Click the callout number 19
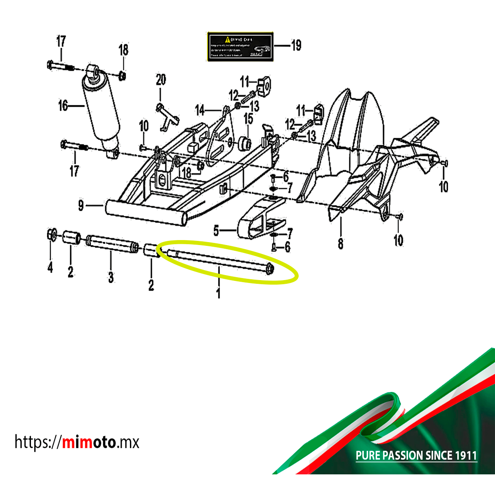click(296, 45)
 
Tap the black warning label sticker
click(240, 46)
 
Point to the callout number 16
click(63, 106)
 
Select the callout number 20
click(161, 79)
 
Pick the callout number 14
click(200, 110)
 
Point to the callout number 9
click(81, 205)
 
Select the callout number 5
click(216, 231)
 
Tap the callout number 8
click(340, 243)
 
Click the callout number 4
click(50, 267)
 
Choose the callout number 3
click(111, 277)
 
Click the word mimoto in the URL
click(89, 442)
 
